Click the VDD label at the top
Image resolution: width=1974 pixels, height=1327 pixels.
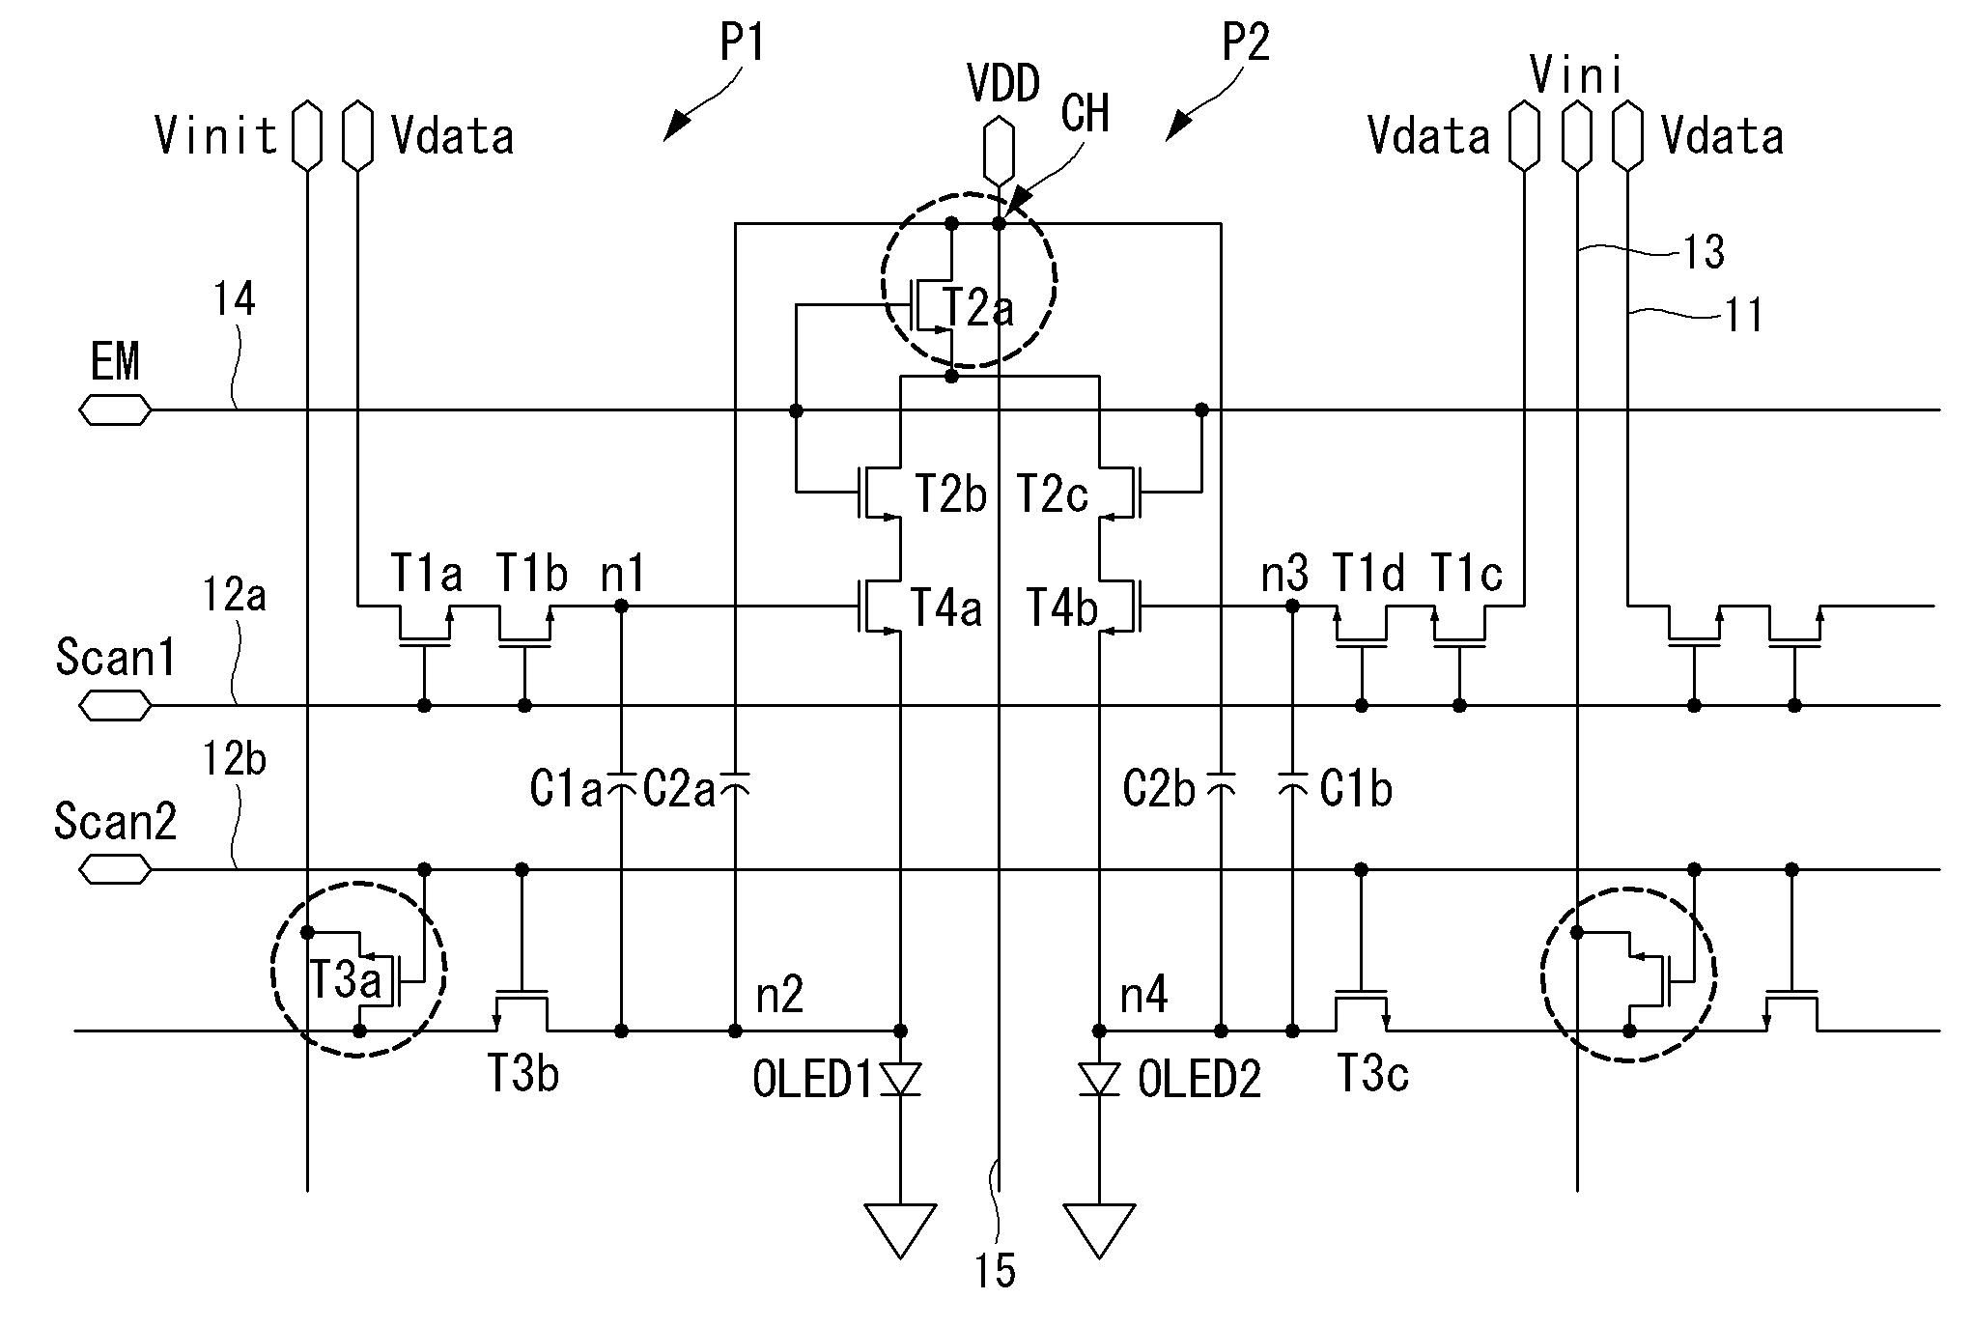(x=1003, y=84)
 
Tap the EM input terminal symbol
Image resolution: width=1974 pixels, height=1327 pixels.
(x=115, y=411)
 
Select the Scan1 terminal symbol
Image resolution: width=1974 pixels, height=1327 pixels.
(x=115, y=707)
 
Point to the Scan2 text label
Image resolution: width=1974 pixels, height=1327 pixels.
(x=116, y=822)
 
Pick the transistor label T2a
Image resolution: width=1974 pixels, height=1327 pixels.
(x=978, y=308)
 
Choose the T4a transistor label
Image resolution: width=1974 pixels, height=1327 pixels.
(x=946, y=608)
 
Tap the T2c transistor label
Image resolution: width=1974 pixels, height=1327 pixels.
(x=1052, y=495)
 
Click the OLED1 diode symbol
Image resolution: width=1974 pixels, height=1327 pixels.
(x=900, y=1079)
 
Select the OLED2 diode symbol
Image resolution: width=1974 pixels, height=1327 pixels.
(x=1100, y=1079)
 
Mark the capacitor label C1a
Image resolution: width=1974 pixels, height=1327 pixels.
(x=565, y=790)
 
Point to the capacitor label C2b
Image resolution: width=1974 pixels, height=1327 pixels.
(x=1159, y=790)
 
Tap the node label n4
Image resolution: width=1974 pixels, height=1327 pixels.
(x=1143, y=995)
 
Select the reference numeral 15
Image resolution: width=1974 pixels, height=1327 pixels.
(x=995, y=1271)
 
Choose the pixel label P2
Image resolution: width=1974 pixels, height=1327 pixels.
(x=1246, y=43)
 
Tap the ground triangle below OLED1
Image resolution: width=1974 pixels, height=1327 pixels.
(x=900, y=1228)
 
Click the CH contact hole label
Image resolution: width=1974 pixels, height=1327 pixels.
(x=1085, y=114)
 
